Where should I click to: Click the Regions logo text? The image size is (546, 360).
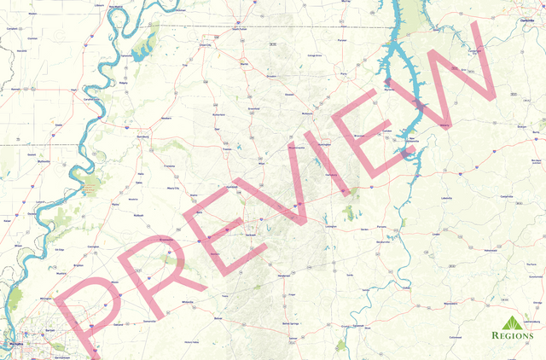click(515, 335)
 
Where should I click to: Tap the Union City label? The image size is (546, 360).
click(205, 45)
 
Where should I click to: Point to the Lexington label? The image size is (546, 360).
click(331, 228)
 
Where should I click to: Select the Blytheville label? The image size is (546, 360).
click(12, 88)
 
